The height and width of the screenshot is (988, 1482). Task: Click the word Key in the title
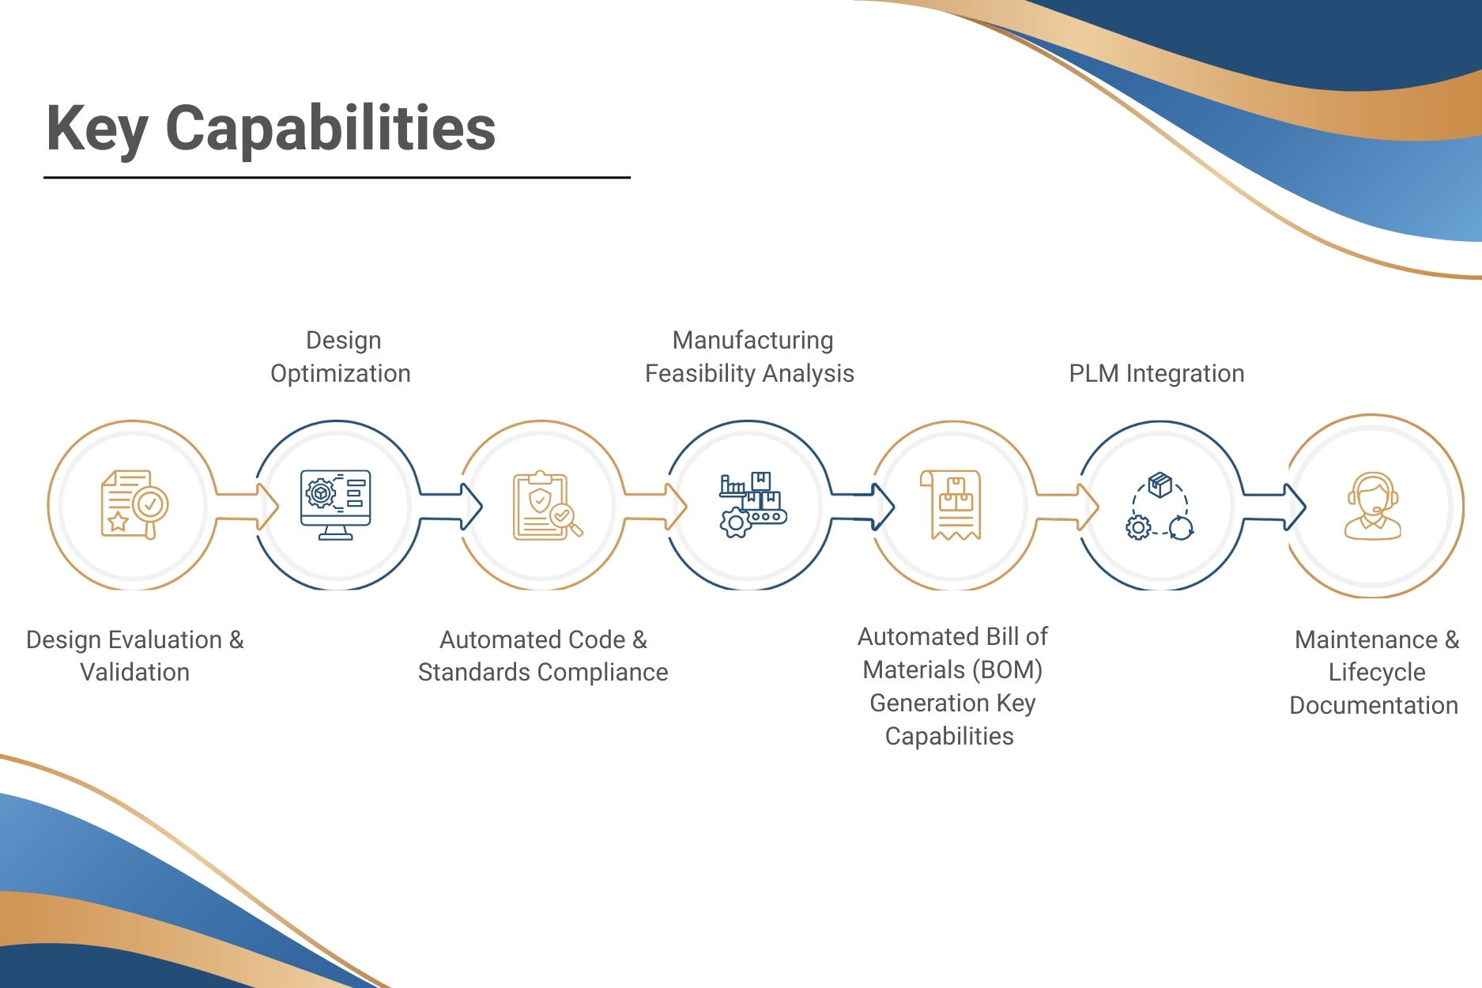pyautogui.click(x=97, y=130)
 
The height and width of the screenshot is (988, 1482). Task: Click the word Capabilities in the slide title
pyautogui.click(x=330, y=130)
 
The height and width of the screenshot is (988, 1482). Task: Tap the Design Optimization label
pyautogui.click(x=341, y=356)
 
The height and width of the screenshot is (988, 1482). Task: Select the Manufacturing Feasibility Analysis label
pyautogui.click(x=750, y=356)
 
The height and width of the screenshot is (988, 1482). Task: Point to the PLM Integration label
pyautogui.click(x=1156, y=373)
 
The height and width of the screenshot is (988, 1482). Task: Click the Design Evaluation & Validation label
pyautogui.click(x=134, y=655)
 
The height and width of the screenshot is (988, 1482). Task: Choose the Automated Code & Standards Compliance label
pyautogui.click(x=543, y=655)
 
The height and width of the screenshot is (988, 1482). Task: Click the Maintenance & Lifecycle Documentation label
pyautogui.click(x=1375, y=672)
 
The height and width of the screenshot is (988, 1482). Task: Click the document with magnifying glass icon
pyautogui.click(x=134, y=505)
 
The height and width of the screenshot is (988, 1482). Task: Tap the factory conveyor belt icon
pyautogui.click(x=752, y=505)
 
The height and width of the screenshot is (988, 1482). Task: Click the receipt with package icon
pyautogui.click(x=955, y=505)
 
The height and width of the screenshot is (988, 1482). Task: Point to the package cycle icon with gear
pyautogui.click(x=1160, y=507)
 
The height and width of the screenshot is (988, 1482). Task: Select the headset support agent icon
pyautogui.click(x=1373, y=507)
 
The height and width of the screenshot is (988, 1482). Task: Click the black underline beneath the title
pyautogui.click(x=337, y=178)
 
